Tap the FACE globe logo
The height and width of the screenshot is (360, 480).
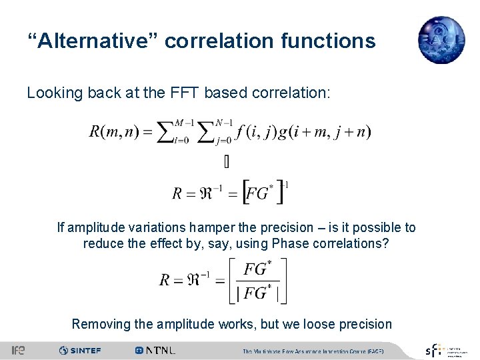coord(441,40)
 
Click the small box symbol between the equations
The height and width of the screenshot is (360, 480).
coord(226,161)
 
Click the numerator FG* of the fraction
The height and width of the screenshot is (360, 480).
coord(257,270)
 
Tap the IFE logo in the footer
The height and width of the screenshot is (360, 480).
coord(19,350)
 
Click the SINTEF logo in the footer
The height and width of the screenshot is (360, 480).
coord(81,350)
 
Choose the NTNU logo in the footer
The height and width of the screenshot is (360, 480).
coord(155,350)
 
